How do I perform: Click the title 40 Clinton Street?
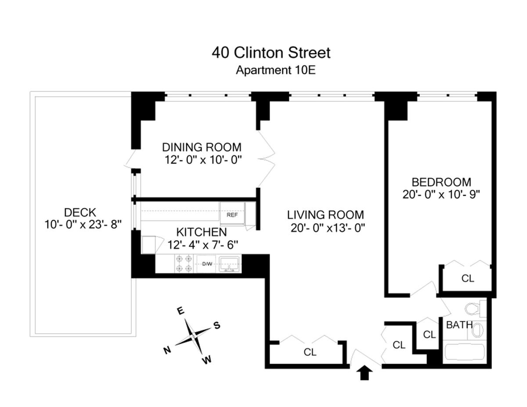click(x=271, y=53)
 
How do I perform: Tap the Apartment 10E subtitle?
click(x=276, y=70)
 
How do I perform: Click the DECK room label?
click(x=79, y=213)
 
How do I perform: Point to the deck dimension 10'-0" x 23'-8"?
click(x=83, y=224)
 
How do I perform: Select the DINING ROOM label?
click(x=202, y=147)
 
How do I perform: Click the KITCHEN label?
click(x=202, y=232)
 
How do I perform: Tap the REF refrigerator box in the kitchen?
click(x=232, y=215)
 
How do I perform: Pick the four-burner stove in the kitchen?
click(x=184, y=264)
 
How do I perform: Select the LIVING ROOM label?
click(x=325, y=215)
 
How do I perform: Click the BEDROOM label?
click(x=441, y=182)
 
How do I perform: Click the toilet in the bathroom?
click(x=474, y=309)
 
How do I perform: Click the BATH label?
click(x=459, y=325)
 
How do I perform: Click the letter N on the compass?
click(x=167, y=350)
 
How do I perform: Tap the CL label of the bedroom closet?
click(x=468, y=278)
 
